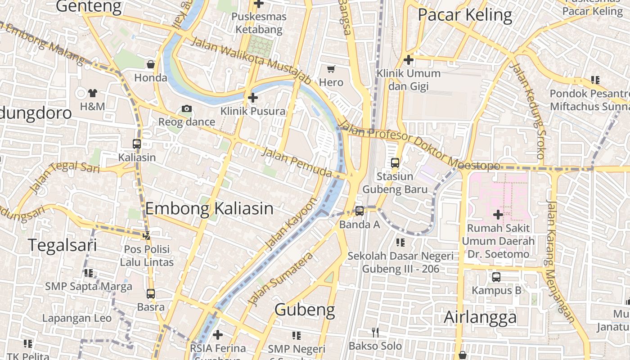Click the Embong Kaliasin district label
(209, 209)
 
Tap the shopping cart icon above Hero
(331, 69)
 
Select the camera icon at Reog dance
(187, 108)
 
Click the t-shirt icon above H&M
(93, 93)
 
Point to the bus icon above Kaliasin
(137, 144)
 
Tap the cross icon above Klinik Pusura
(253, 97)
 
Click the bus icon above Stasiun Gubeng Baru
(395, 163)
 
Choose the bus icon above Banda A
(360, 211)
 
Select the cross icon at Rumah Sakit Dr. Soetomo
(498, 215)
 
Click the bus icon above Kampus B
(496, 277)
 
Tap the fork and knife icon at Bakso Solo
(375, 333)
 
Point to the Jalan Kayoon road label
(291, 224)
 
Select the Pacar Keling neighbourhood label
(465, 15)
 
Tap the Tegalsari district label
(63, 245)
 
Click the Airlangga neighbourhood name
(480, 317)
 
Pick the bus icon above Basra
(151, 294)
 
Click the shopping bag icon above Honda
(151, 64)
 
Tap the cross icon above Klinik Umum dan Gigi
(409, 59)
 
